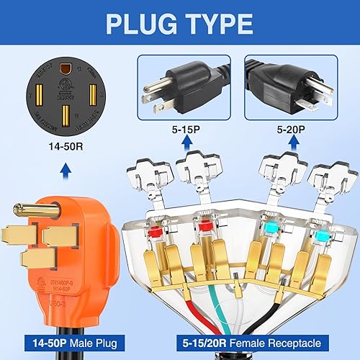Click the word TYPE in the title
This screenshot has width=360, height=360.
tap(215, 23)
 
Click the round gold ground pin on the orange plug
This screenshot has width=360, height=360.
tap(19, 212)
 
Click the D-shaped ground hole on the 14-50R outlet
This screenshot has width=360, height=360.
tap(66, 69)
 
